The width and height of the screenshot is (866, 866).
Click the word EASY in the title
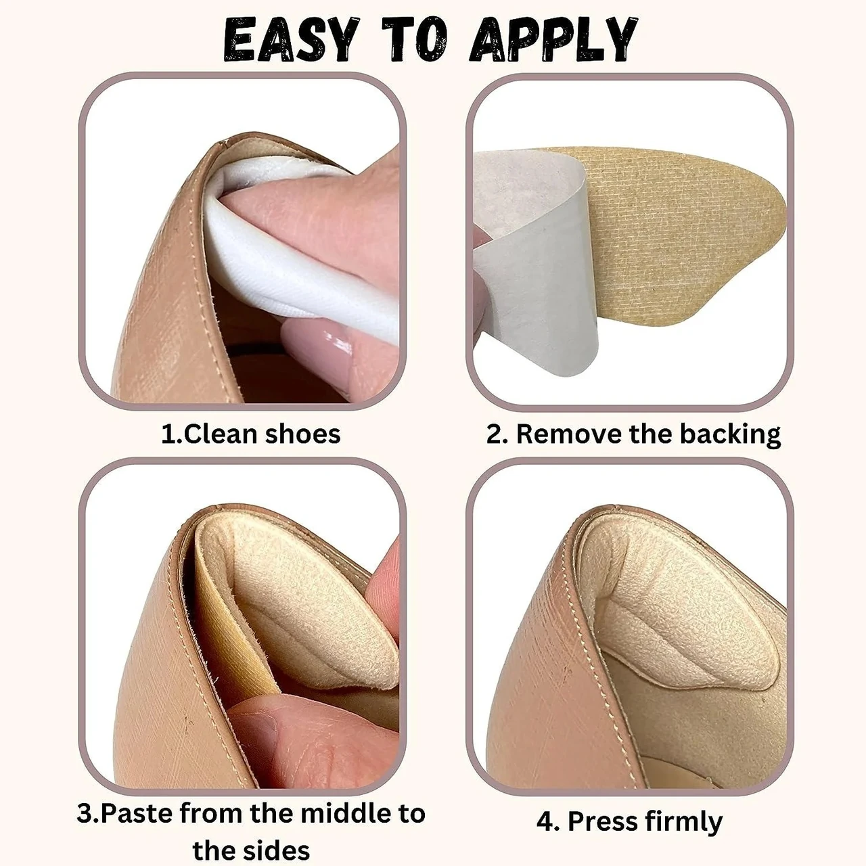(x=291, y=40)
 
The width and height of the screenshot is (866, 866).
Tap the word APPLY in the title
(x=553, y=40)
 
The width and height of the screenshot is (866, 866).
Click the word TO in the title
(x=413, y=40)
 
